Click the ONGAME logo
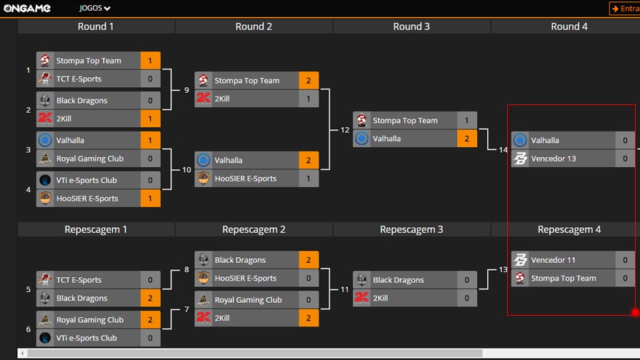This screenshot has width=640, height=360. [27, 8]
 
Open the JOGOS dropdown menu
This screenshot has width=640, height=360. [95, 8]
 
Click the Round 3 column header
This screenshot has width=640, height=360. [411, 26]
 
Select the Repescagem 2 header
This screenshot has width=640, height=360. [254, 229]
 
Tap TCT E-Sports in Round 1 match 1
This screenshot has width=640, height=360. [79, 79]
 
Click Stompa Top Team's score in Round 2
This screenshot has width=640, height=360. [309, 81]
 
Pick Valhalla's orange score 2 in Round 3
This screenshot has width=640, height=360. [466, 139]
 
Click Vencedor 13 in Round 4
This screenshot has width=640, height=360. [554, 159]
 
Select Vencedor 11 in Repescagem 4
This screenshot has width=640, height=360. [553, 260]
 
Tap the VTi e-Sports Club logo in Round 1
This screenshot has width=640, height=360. [45, 180]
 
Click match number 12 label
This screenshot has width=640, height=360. [345, 130]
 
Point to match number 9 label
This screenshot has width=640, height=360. [186, 90]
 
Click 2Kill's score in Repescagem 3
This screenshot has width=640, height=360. [466, 298]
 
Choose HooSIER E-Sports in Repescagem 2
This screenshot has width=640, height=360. [246, 278]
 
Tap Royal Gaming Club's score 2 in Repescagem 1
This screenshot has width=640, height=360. [150, 319]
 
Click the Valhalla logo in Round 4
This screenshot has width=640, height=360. [520, 141]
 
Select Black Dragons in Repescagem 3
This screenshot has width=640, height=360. [399, 280]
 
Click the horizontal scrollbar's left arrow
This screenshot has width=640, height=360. [22, 353]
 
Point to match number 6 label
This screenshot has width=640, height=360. [28, 329]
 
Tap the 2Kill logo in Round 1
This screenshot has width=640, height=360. [45, 119]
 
